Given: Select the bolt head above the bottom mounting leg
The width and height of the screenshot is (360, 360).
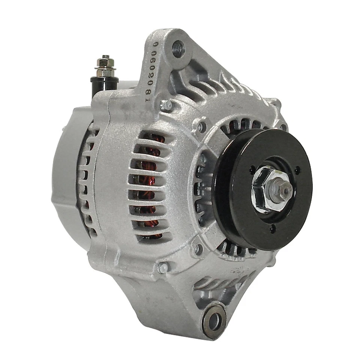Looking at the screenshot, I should [162, 267].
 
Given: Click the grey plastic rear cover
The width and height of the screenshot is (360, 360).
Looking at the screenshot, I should [67, 176].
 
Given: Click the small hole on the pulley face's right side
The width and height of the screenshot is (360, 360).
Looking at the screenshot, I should [297, 171].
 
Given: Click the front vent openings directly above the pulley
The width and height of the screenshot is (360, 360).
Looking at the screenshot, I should [240, 126].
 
